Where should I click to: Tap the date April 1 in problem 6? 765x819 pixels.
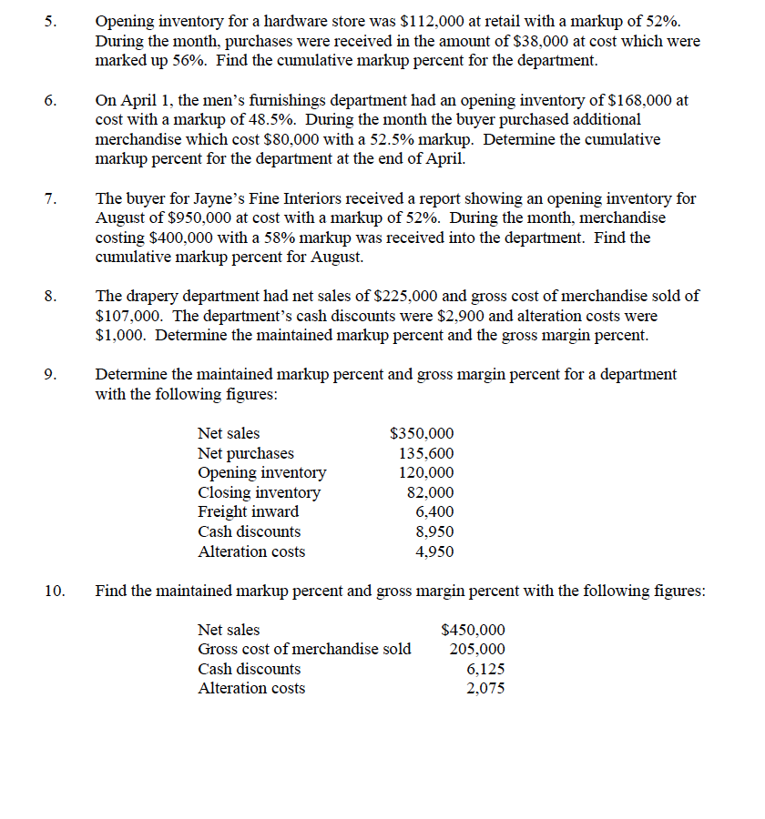point(141,100)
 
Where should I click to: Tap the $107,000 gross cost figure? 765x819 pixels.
point(126,316)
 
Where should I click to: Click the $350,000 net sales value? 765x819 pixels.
point(422,434)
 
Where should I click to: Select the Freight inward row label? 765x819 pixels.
point(248,511)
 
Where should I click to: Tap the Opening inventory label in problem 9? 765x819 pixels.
point(261,472)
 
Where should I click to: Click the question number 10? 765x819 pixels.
point(54,591)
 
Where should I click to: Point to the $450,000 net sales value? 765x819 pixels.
point(473,630)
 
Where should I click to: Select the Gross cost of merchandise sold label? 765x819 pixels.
point(304,649)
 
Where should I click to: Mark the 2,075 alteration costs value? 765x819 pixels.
point(485,688)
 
